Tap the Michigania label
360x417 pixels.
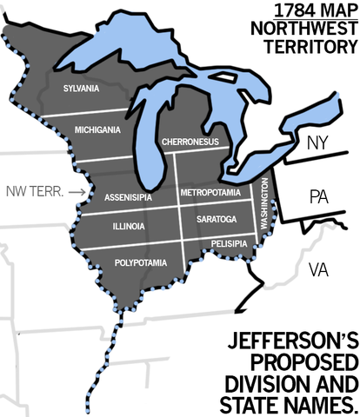(99, 129)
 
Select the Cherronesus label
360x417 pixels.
(189, 142)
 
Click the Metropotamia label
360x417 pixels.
(215, 192)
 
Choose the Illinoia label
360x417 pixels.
(128, 227)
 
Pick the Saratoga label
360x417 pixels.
(217, 219)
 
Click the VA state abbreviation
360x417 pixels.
(319, 270)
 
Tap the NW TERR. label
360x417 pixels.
(33, 189)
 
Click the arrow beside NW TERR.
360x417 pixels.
(77, 189)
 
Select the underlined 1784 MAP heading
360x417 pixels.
(309, 11)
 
